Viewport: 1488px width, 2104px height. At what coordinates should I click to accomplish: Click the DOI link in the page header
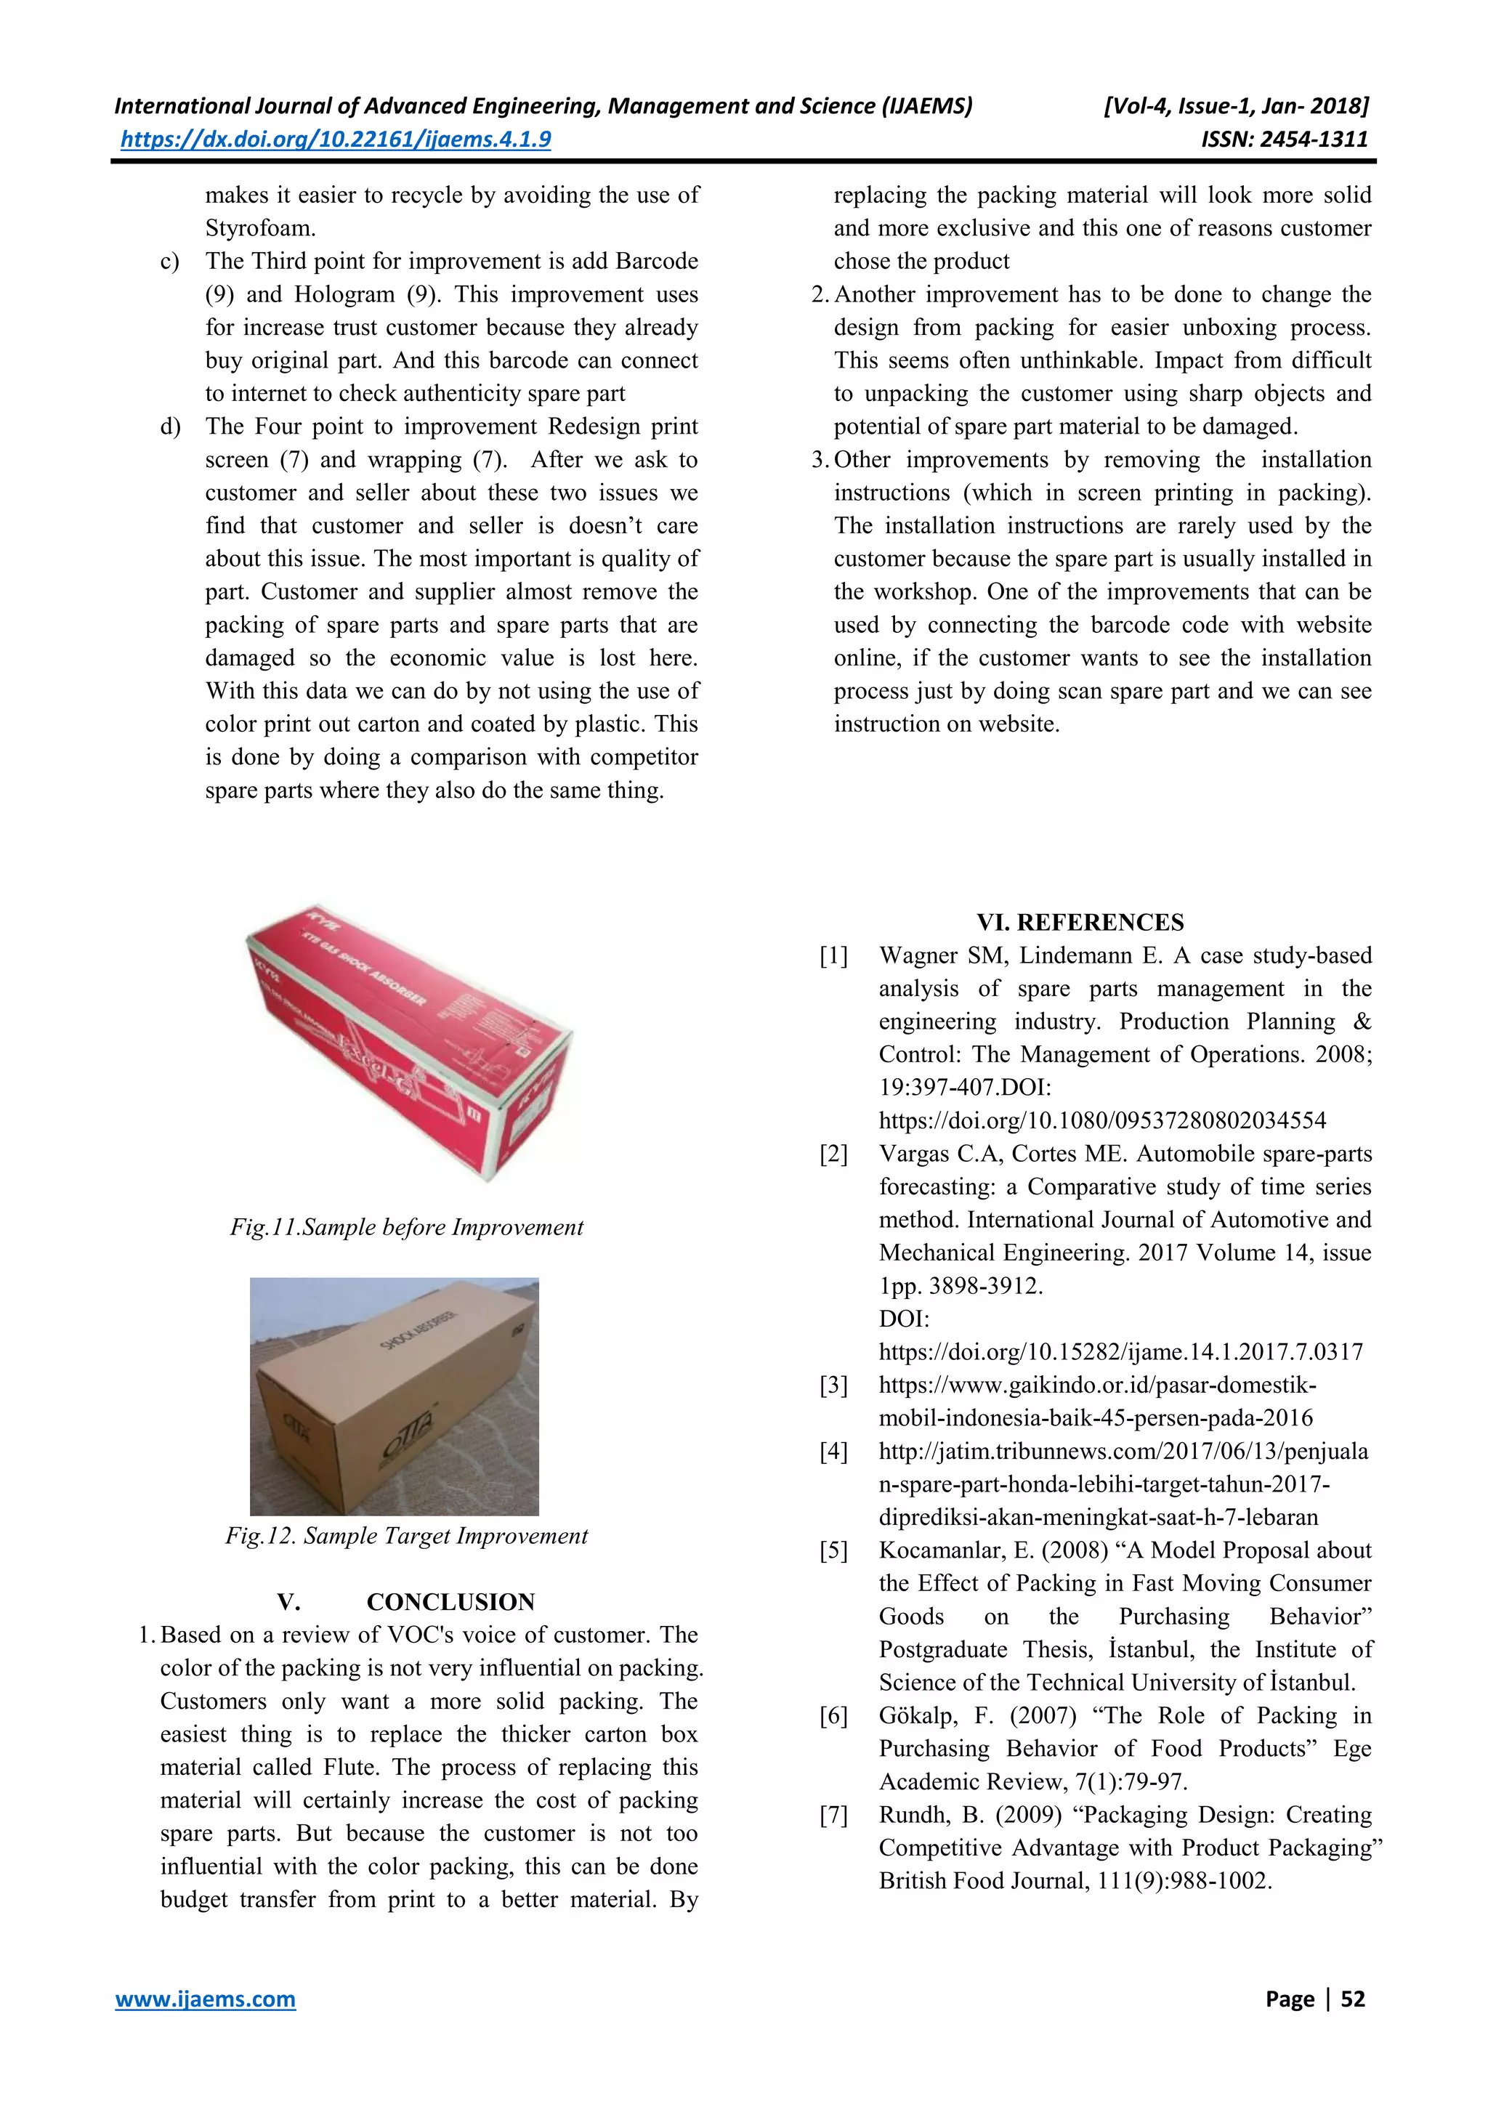336,139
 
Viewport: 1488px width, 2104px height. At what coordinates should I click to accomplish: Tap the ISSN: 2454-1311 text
1284,139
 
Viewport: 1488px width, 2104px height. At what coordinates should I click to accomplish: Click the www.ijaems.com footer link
205,1999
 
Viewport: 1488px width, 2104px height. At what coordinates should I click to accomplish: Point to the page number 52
1352,1999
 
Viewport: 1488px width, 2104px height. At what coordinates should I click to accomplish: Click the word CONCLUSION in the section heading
450,1602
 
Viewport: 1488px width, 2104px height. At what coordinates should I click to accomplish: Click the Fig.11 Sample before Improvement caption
406,1227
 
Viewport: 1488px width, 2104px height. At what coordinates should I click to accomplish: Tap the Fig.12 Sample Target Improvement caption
406,1536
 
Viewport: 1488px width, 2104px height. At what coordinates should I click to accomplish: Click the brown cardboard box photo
394,1395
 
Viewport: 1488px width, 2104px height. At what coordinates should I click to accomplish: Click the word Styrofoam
260,228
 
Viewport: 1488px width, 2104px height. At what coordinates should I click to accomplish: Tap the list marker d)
171,426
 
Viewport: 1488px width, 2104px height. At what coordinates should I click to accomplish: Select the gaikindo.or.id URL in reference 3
1097,1385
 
